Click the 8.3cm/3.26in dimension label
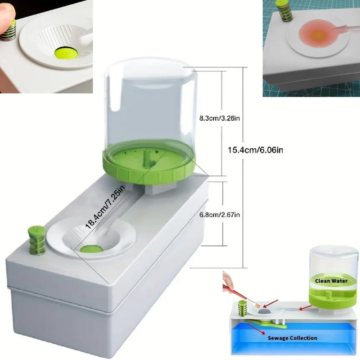tap(219, 118)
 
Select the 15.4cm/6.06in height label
tap(255, 150)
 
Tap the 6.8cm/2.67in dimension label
tap(219, 215)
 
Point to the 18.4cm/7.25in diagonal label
tap(105, 207)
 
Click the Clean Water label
tap(331, 281)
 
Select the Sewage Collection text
tap(292, 338)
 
